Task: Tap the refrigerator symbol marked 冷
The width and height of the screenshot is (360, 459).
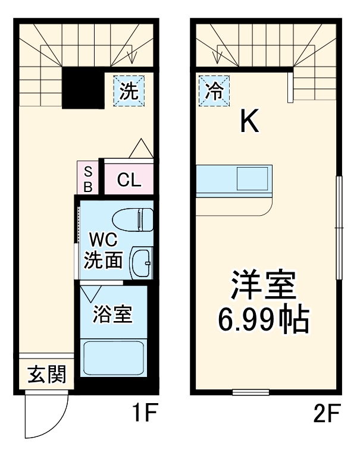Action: point(214,90)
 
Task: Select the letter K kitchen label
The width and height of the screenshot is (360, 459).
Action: point(249,122)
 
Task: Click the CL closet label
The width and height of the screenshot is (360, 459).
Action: point(129,180)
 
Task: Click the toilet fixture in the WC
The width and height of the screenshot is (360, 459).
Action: point(132,219)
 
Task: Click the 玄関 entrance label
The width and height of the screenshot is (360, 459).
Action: point(46,375)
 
